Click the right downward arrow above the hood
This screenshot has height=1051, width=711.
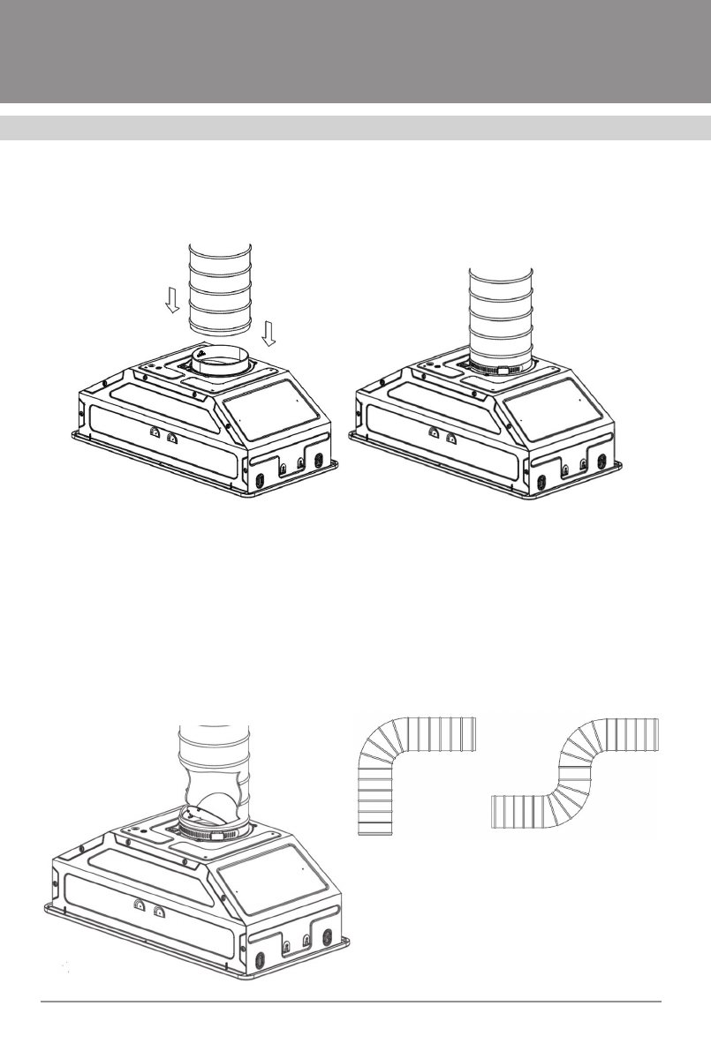point(270,333)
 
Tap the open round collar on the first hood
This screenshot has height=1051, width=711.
point(219,361)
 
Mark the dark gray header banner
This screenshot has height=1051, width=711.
point(355,50)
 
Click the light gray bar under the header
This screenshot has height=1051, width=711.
point(355,127)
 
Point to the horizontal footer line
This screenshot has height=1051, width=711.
point(353,1002)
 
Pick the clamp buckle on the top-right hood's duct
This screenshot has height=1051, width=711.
point(505,372)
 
